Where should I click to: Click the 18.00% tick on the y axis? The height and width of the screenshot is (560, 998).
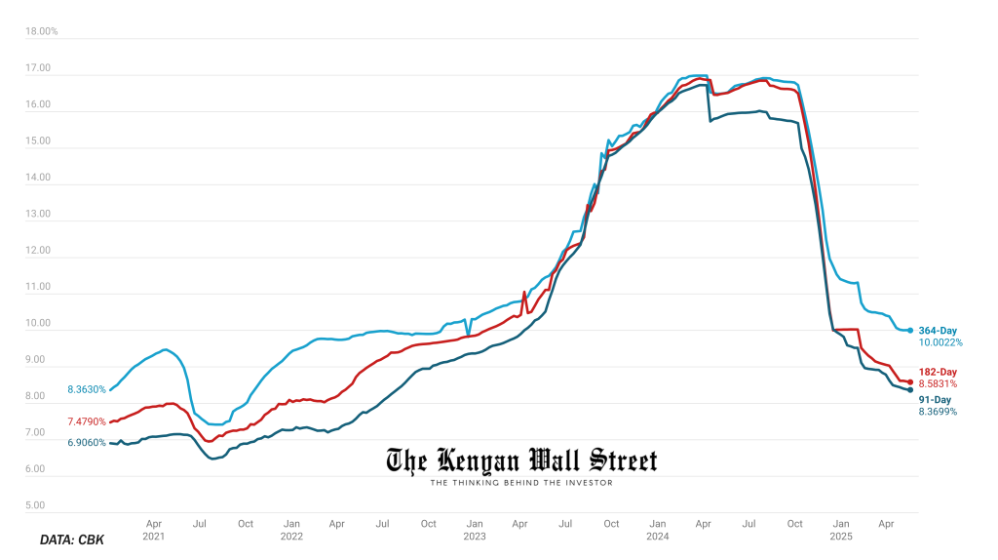[42, 31]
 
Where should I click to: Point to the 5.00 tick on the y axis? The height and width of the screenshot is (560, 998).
[35, 505]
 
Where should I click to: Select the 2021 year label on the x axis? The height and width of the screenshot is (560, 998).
[154, 536]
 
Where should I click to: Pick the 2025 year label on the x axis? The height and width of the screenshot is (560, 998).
[841, 536]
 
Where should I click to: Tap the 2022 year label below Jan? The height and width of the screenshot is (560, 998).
[291, 536]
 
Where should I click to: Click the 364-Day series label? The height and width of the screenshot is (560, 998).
[938, 331]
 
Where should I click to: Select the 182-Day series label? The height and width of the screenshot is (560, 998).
[938, 372]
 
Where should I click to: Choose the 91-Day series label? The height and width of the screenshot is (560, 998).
[935, 399]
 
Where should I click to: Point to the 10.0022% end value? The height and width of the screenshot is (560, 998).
[940, 343]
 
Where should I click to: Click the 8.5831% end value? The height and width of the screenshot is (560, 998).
[938, 384]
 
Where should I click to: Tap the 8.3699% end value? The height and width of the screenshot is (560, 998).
[938, 412]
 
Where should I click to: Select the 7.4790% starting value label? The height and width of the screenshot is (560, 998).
[86, 421]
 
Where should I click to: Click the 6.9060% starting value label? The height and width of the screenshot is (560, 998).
[86, 443]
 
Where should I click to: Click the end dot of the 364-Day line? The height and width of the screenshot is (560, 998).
[910, 331]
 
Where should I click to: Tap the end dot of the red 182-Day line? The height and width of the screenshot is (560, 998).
[910, 381]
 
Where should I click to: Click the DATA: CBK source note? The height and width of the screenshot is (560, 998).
[72, 540]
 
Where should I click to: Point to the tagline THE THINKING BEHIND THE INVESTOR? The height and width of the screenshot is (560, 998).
[521, 482]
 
